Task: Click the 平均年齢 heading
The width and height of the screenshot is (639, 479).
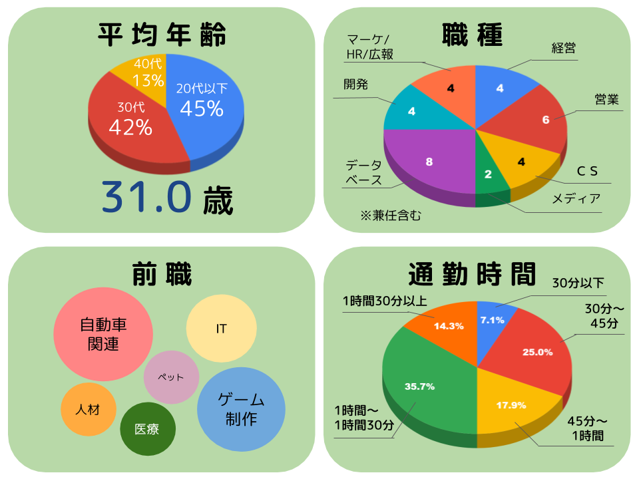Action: click(162, 34)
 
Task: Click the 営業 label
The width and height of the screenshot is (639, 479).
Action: click(606, 100)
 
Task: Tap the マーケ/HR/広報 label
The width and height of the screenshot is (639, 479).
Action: click(370, 46)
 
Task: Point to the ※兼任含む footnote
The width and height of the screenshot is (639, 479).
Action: click(391, 215)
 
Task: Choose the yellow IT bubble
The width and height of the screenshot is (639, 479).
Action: click(221, 329)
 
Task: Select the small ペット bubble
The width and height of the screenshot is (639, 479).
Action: click(171, 377)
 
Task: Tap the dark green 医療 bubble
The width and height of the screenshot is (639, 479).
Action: click(147, 429)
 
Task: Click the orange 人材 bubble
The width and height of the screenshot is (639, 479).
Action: click(88, 409)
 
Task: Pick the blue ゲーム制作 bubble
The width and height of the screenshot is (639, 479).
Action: click(241, 409)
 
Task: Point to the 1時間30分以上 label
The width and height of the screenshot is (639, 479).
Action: click(384, 301)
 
